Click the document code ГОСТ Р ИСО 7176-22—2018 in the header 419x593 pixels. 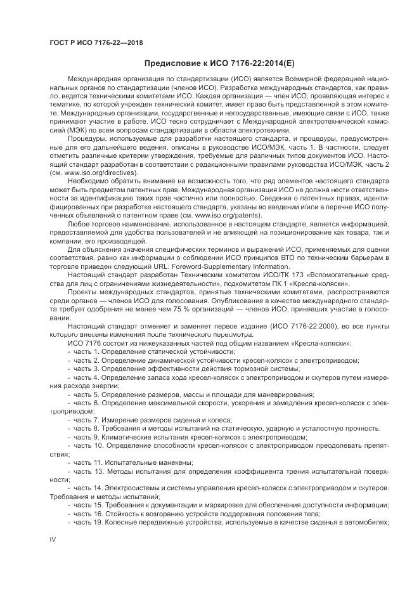96,42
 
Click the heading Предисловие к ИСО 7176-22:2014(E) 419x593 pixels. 220,63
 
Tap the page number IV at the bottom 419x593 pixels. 53,538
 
